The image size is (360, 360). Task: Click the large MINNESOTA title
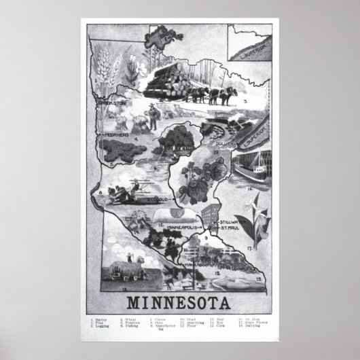[180, 301]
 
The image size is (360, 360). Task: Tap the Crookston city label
[113, 104]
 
